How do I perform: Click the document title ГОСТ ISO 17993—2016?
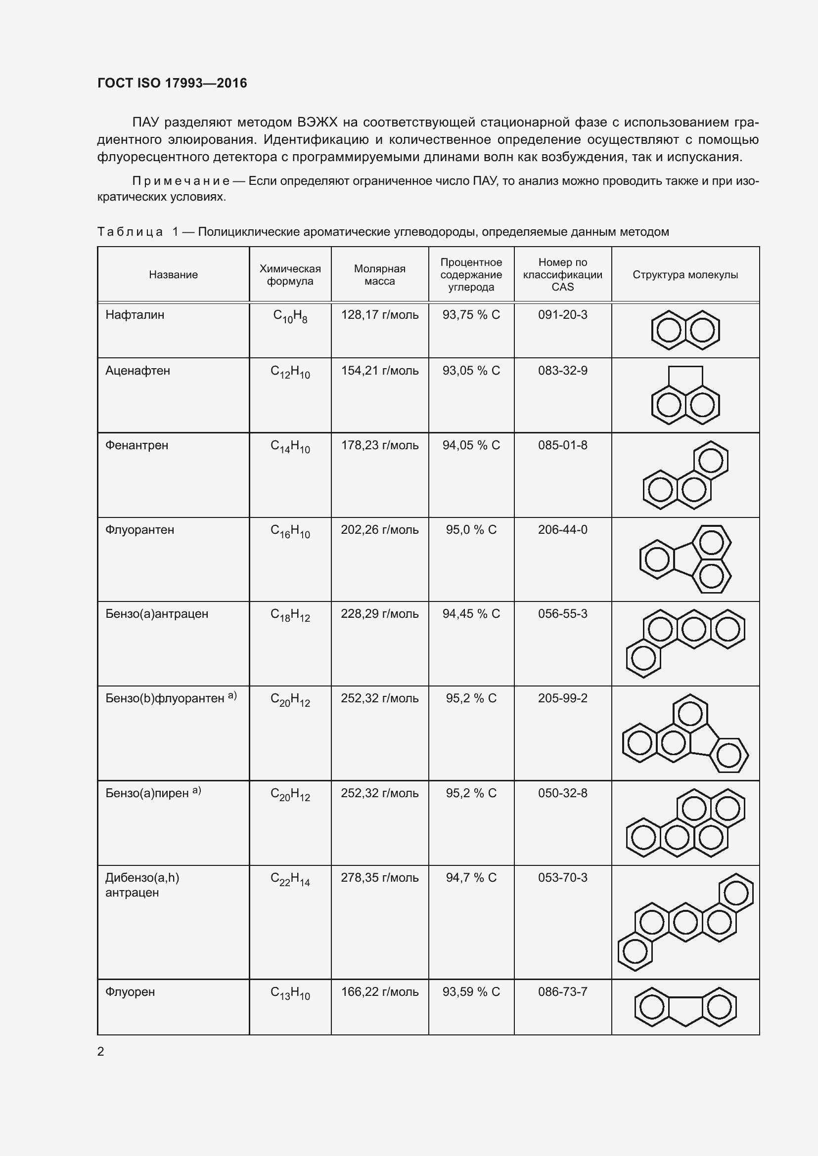click(172, 83)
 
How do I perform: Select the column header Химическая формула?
click(290, 275)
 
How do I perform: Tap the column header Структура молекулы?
click(685, 275)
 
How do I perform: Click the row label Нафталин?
click(135, 315)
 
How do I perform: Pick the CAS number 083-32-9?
click(562, 371)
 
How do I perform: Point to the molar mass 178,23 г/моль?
click(379, 446)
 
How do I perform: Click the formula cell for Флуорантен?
click(290, 531)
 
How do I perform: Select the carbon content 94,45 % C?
click(471, 614)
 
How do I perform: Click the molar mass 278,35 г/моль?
click(379, 878)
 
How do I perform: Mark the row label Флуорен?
click(130, 992)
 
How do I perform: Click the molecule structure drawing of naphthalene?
click(685, 330)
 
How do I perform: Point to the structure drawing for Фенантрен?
click(685, 475)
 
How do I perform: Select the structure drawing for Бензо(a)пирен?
click(685, 823)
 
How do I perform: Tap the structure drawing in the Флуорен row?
click(685, 1007)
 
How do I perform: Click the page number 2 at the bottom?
click(101, 1052)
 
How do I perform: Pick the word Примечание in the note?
click(181, 181)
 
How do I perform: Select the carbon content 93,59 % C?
click(471, 992)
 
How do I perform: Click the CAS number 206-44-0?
click(562, 530)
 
